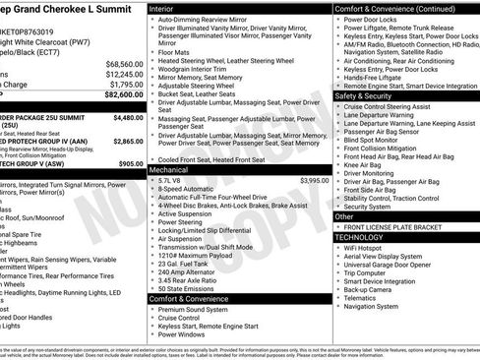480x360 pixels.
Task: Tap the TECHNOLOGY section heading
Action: point(360,237)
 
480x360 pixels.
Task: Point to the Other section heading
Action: point(345,216)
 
